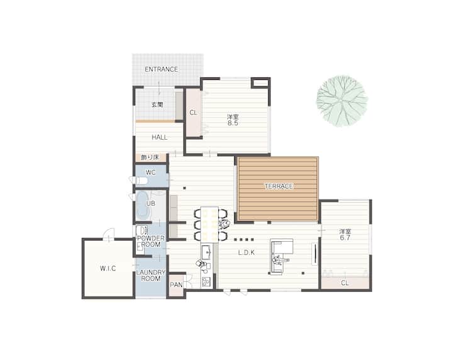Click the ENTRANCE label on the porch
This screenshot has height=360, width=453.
[x=161, y=69]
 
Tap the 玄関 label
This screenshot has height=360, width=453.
[x=157, y=105]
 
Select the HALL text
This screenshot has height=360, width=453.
[x=159, y=138]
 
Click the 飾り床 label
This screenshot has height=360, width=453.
[x=150, y=158]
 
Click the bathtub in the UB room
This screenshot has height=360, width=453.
[x=143, y=205]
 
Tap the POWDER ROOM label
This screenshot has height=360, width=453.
[x=151, y=241]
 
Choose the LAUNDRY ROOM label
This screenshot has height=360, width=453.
[x=151, y=275]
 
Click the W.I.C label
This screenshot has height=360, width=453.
[x=108, y=268]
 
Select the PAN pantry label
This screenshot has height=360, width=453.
[x=176, y=285]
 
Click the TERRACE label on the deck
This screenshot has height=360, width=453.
[x=279, y=186]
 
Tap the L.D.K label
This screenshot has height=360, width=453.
[x=247, y=253]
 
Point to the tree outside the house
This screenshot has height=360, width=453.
[x=342, y=101]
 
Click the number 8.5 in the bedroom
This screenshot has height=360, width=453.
[x=233, y=123]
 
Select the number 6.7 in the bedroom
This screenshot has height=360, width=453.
[x=345, y=238]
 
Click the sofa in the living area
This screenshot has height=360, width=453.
[x=281, y=256]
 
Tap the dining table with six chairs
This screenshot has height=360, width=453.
[x=210, y=224]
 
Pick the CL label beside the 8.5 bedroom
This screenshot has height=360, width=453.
[x=193, y=113]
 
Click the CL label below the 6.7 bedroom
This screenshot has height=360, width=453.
[x=345, y=283]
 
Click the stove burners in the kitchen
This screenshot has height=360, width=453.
[x=206, y=281]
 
